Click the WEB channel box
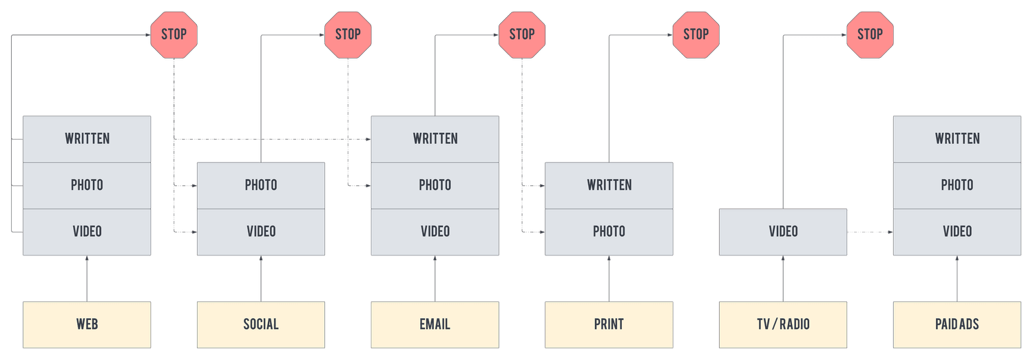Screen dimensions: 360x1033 [87, 324]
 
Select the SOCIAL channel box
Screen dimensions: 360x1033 [261, 324]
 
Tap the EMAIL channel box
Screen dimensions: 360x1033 [435, 324]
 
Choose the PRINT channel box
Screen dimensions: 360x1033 [609, 324]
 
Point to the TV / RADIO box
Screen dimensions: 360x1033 [783, 324]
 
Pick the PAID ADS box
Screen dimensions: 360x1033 [957, 324]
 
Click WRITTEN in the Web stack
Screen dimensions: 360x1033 [87, 138]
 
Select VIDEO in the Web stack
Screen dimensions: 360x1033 [87, 232]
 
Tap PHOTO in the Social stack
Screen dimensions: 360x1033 [261, 185]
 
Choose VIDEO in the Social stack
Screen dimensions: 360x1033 [261, 232]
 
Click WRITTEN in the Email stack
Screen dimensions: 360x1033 [435, 138]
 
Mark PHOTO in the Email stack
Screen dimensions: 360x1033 [435, 185]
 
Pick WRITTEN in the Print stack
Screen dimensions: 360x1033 [609, 185]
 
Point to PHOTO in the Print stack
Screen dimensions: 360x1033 [609, 232]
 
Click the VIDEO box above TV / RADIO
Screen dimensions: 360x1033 [783, 232]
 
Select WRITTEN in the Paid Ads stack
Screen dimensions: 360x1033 [957, 138]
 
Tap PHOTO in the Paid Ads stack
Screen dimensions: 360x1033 [957, 185]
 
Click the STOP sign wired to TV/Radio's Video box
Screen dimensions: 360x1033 [870, 34]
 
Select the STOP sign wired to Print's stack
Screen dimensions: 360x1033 [696, 34]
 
